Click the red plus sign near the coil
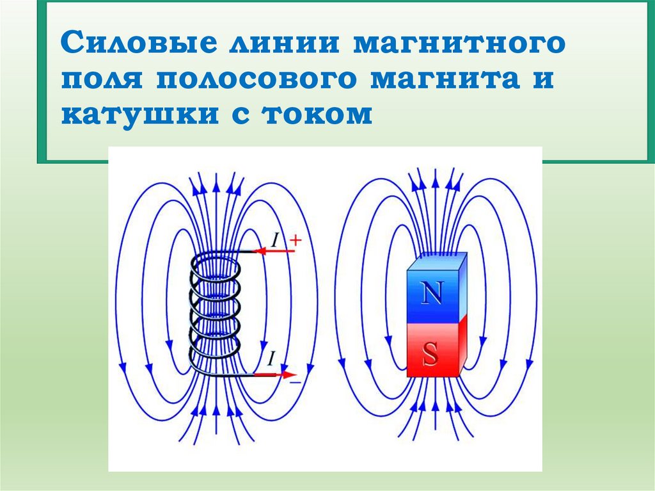click(295, 240)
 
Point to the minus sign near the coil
click(295, 382)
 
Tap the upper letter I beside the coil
click(274, 241)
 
